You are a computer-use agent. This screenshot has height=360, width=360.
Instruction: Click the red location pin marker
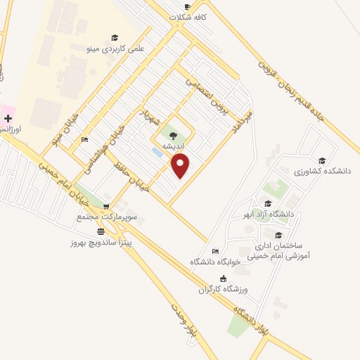pyautogui.click(x=181, y=166)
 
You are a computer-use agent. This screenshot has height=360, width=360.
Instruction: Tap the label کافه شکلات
pyautogui.click(x=187, y=17)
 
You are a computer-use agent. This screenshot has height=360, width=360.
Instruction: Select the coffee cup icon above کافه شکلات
pyautogui.click(x=187, y=6)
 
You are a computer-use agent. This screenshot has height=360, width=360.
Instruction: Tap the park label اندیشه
pyautogui.click(x=174, y=146)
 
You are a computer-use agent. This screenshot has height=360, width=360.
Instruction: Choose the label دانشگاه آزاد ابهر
pyautogui.click(x=286, y=214)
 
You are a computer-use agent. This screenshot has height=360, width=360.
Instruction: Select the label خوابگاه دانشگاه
pyautogui.click(x=215, y=262)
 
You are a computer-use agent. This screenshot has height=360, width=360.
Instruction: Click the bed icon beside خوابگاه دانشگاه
pyautogui.click(x=215, y=252)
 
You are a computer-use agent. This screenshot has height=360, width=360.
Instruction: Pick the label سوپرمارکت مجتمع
pyautogui.click(x=106, y=217)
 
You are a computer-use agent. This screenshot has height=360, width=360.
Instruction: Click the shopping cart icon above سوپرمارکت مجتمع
pyautogui.click(x=106, y=207)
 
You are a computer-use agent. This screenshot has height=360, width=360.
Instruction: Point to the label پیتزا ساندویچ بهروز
pyautogui.click(x=100, y=240)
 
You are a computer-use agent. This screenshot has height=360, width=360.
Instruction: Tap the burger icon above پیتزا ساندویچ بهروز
pyautogui.click(x=101, y=231)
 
